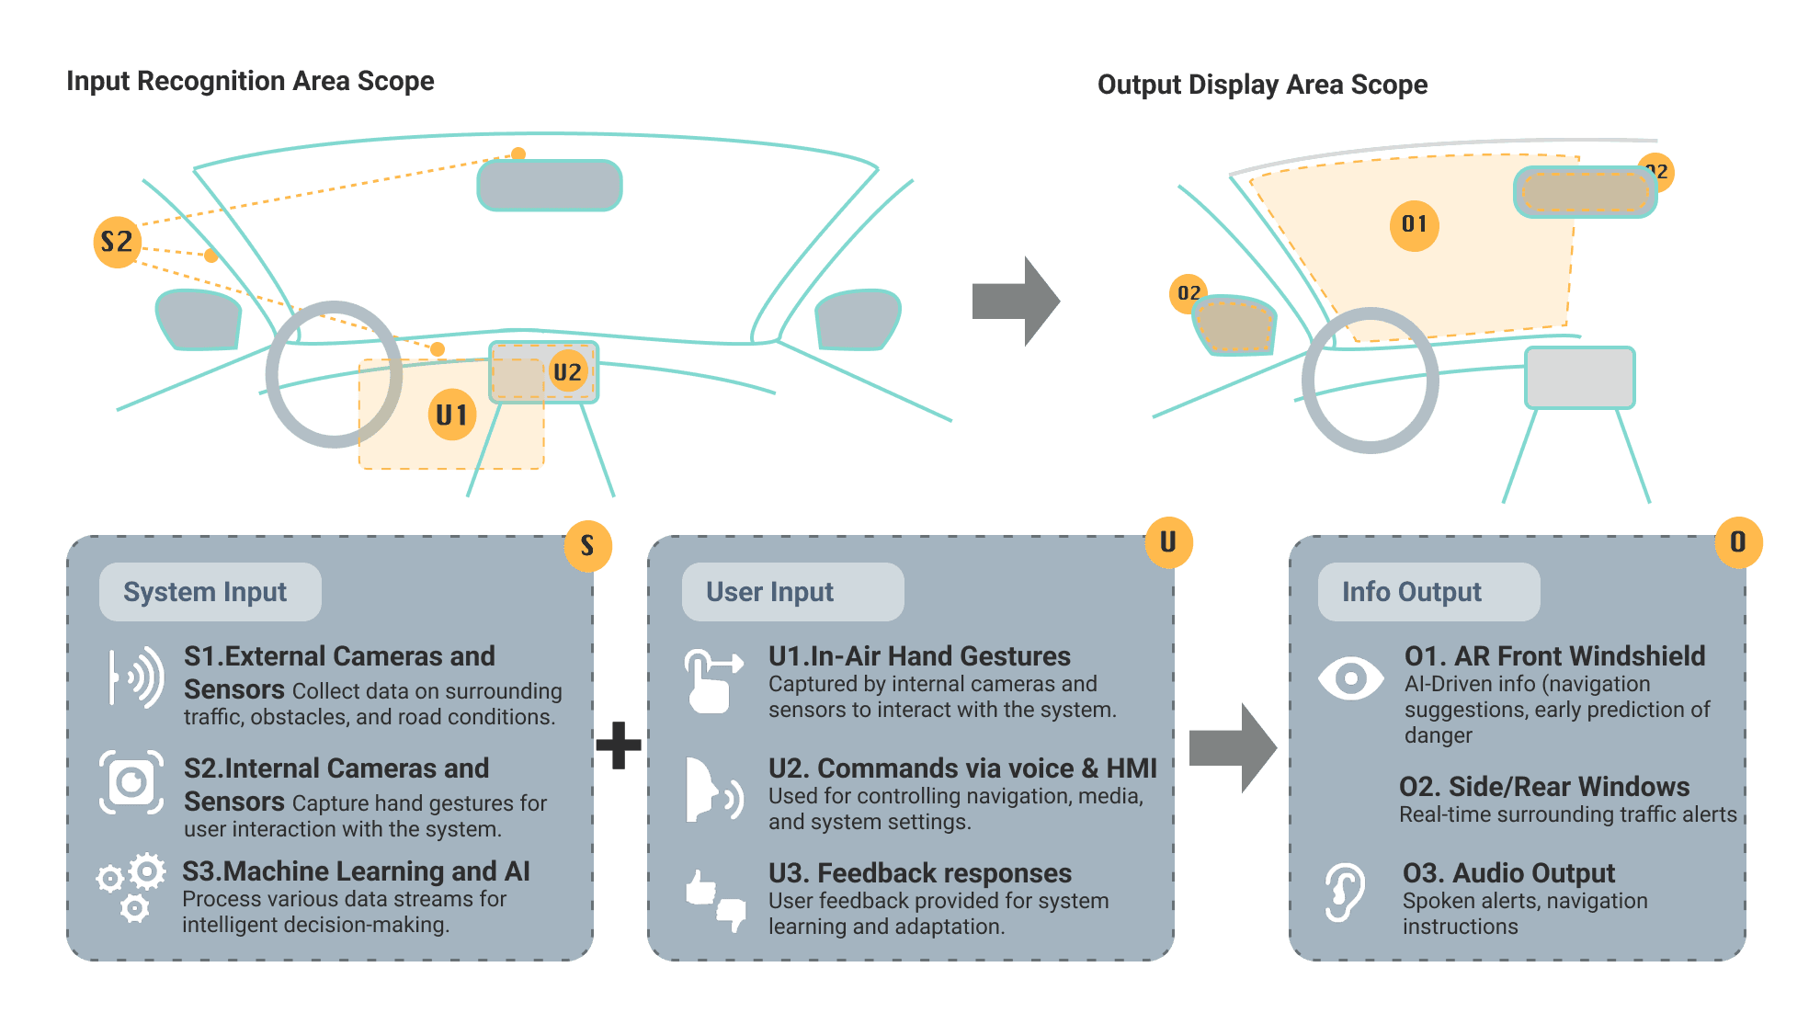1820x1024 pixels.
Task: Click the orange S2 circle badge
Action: coord(118,242)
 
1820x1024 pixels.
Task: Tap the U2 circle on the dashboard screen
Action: coord(567,372)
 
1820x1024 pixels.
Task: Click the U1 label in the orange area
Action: coord(451,415)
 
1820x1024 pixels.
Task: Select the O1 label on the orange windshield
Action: coord(1414,224)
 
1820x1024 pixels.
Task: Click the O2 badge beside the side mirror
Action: coord(1189,293)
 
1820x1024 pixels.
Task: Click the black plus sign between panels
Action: coord(619,745)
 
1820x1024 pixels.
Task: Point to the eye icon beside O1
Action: coord(1349,679)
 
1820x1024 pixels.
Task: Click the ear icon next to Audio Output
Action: coord(1344,892)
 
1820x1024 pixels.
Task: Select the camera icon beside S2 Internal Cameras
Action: coord(131,782)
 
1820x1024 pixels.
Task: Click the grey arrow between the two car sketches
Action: coord(1016,302)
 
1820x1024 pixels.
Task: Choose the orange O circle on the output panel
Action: coord(1738,542)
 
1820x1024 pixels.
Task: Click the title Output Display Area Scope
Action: coord(1262,85)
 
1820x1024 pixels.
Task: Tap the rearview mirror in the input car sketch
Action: coord(549,186)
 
